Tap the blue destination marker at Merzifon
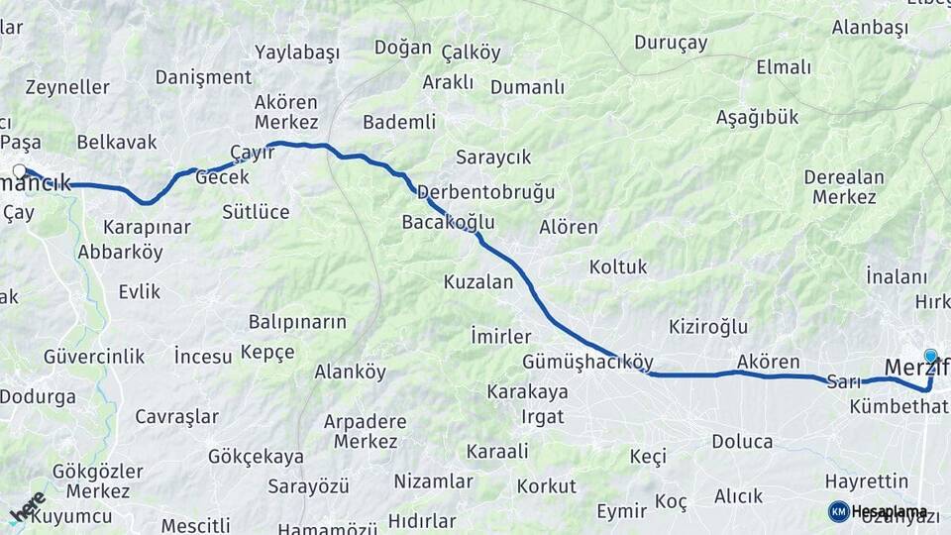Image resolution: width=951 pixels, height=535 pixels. point(930,356)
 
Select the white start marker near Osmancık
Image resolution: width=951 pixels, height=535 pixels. point(19,171)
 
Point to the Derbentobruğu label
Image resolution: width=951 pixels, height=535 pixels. point(485,191)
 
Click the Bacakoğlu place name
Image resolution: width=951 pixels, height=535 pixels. point(448,222)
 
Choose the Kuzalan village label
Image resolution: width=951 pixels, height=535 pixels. point(478,282)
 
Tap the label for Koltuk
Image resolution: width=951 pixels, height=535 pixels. point(618,267)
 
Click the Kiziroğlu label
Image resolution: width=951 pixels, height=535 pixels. point(708,327)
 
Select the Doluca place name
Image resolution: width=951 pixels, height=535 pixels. point(742,442)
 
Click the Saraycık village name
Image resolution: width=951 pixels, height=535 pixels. point(493,157)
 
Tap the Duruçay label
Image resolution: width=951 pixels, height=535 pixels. point(671,43)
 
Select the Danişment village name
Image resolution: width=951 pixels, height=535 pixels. point(204,77)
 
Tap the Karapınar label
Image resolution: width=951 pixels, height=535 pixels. point(147,227)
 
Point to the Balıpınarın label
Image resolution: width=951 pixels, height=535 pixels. point(297,322)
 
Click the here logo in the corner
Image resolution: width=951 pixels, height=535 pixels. point(27,506)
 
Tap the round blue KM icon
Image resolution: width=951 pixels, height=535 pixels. point(838,511)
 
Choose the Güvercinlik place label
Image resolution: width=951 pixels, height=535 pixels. point(94,357)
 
